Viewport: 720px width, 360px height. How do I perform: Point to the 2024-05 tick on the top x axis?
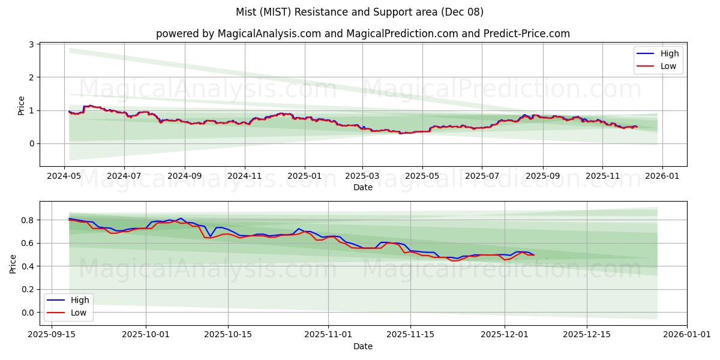(64, 176)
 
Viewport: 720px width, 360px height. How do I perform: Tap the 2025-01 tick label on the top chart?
(304, 176)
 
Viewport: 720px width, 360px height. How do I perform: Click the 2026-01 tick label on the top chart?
(662, 176)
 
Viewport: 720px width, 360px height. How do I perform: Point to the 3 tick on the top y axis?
(32, 45)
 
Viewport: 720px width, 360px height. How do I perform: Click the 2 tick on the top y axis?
(32, 77)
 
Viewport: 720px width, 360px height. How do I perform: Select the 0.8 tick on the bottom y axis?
(28, 220)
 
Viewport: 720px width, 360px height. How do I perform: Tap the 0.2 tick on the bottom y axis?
(28, 289)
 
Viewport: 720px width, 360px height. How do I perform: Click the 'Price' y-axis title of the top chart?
(22, 105)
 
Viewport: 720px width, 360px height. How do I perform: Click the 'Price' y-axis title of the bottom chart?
(13, 263)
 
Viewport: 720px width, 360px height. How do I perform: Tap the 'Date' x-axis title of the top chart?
(363, 187)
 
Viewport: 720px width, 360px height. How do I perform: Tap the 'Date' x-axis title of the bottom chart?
(363, 346)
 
